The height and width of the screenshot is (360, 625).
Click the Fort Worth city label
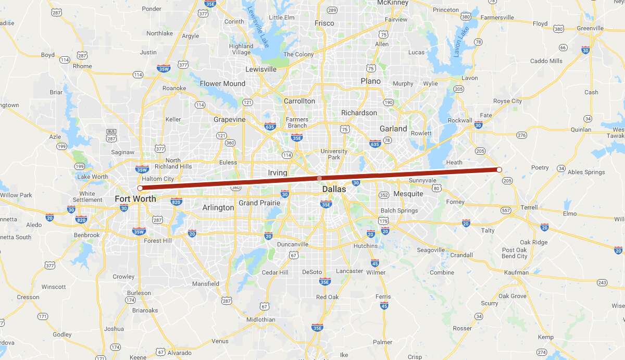click(135, 199)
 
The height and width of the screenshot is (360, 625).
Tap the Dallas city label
click(334, 189)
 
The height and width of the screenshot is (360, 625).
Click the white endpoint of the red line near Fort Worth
click(140, 188)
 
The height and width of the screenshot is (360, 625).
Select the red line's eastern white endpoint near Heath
click(499, 170)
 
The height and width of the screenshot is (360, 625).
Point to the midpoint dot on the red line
click(319, 179)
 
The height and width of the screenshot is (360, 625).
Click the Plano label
click(370, 81)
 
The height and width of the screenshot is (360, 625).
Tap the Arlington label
click(218, 207)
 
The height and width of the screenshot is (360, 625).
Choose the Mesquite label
click(408, 194)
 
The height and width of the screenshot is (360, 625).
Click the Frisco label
click(324, 23)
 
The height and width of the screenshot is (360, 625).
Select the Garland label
click(393, 129)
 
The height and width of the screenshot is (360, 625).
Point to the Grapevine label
click(229, 119)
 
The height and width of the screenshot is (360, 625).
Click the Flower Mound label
click(222, 83)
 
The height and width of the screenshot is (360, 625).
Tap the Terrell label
click(529, 207)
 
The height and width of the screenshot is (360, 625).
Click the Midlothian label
click(261, 319)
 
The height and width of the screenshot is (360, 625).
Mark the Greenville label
click(590, 28)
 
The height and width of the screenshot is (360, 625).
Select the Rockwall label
click(460, 120)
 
